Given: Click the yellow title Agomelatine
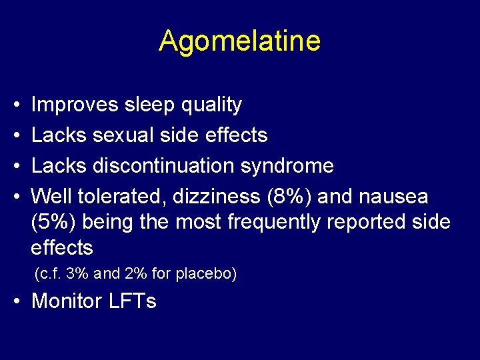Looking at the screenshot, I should [x=239, y=41].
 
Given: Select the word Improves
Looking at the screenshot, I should [x=74, y=105].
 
